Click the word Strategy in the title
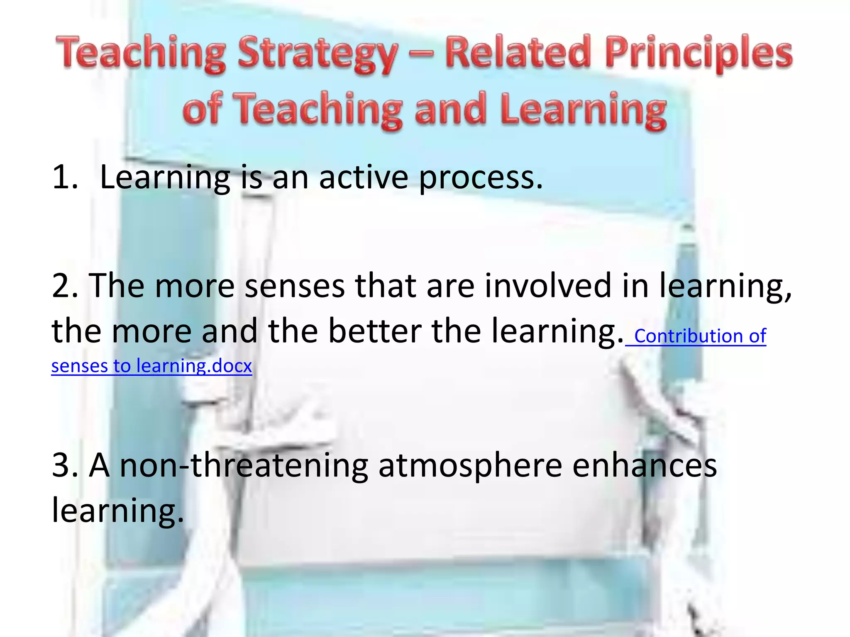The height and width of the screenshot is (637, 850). pos(318,55)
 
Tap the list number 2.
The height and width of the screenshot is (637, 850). pos(65,286)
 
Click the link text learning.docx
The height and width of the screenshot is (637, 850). pos(194,366)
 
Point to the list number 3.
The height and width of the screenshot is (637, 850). pos(65,466)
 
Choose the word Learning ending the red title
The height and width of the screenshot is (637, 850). pos(583,109)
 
